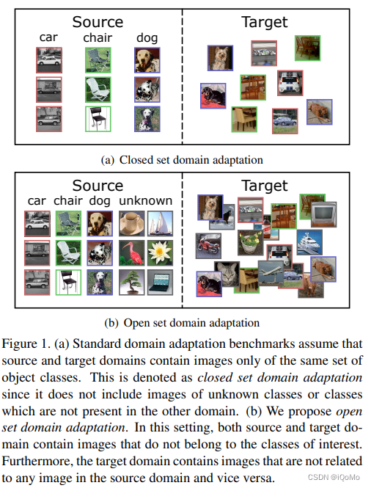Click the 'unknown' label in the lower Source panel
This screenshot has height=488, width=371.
point(147,200)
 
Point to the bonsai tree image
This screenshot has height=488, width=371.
point(133,282)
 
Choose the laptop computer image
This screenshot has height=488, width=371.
point(160,282)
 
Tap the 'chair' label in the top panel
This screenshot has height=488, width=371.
point(98,37)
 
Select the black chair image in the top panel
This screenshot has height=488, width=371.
point(98,119)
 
